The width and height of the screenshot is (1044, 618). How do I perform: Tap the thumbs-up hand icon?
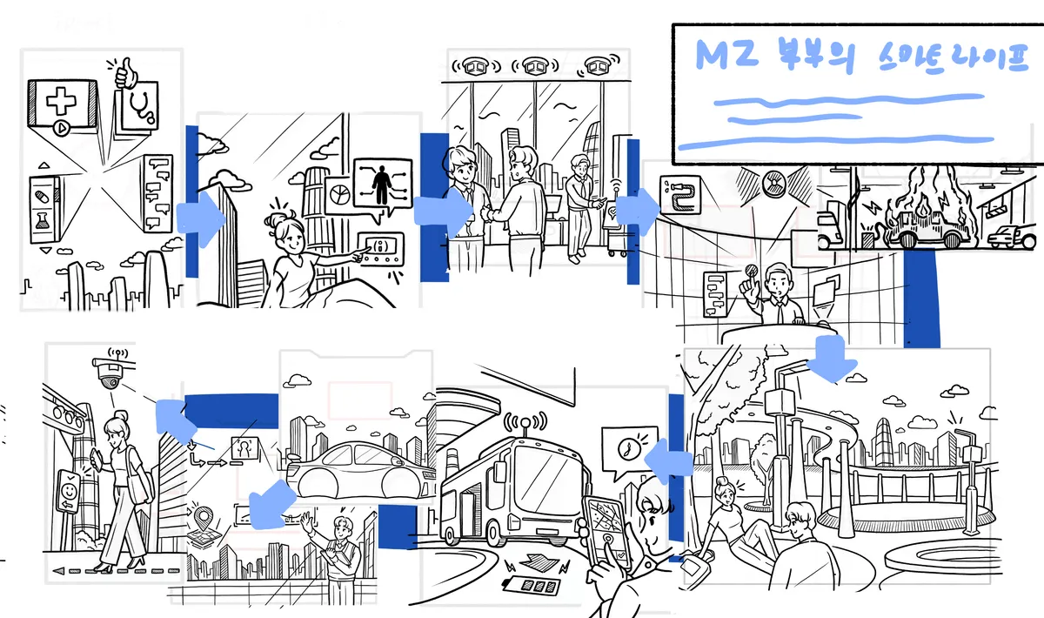125,73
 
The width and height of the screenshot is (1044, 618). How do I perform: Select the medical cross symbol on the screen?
61,100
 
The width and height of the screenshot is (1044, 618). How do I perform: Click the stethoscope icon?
141,105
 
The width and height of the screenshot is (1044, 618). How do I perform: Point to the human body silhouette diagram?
382,185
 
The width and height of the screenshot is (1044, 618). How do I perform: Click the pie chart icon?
340,194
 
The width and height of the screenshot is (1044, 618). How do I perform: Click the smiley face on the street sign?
69,491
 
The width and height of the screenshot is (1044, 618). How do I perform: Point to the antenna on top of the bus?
525,424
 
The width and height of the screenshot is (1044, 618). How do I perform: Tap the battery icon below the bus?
531,585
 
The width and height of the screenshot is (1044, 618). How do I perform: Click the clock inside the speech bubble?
627,448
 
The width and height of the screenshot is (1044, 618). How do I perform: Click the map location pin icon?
204,518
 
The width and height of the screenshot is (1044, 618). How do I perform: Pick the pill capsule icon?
42,197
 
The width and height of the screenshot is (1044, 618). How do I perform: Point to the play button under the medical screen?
62,127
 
